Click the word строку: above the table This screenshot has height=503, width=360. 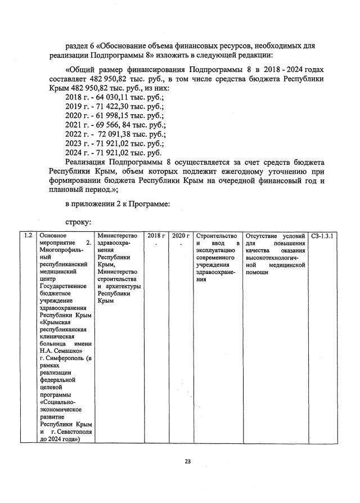coord(79,222)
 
